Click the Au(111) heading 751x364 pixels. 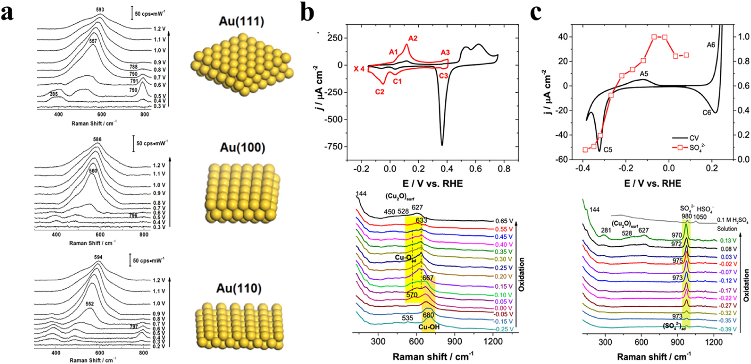tap(241, 22)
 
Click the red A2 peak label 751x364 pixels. tap(413, 38)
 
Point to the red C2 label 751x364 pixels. tap(380, 92)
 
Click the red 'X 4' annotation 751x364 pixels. tap(359, 69)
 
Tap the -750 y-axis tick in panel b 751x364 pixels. tap(333, 147)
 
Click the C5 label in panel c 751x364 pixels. tap(608, 150)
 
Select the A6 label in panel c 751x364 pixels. tap(711, 45)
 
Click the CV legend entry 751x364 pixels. tap(694, 138)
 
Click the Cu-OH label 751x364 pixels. tap(429, 327)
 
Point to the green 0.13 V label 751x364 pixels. tap(728, 241)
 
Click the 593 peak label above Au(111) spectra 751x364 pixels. tap(100, 10)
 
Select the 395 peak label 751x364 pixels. tap(54, 94)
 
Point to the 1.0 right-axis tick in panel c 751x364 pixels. tap(744, 37)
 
